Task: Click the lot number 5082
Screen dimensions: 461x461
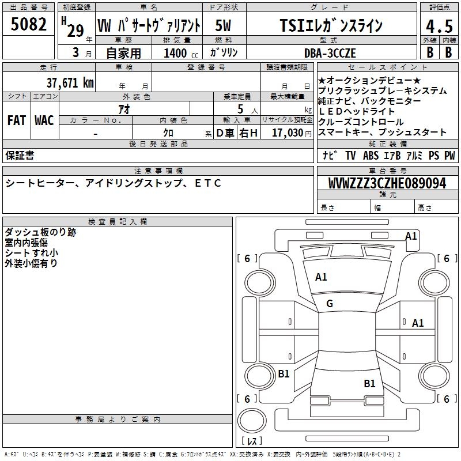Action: pos(29,25)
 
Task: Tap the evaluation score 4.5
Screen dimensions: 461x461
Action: pos(438,27)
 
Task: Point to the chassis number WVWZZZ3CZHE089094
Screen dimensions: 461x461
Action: pos(387,184)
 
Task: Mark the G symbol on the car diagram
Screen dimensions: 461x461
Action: pos(330,304)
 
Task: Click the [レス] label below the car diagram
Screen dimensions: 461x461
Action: pos(252,441)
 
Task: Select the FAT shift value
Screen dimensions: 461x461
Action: pos(17,120)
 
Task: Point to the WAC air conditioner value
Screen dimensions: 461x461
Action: pos(44,120)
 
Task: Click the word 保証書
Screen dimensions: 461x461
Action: pos(20,155)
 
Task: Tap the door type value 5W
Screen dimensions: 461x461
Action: pos(224,26)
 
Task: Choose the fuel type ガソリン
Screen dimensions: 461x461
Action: pos(224,53)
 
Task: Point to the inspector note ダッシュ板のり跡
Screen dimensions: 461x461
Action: pos(40,232)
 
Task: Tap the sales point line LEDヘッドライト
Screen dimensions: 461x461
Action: pos(357,111)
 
